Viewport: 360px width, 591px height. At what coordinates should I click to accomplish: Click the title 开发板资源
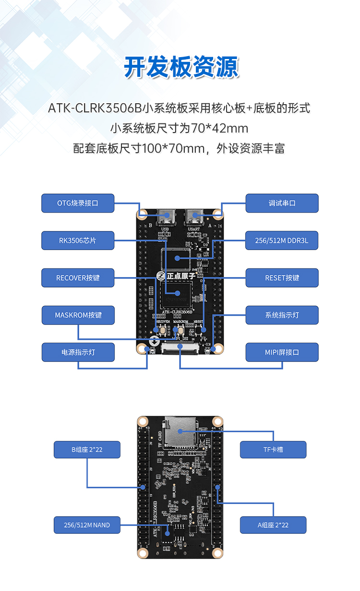click(x=181, y=67)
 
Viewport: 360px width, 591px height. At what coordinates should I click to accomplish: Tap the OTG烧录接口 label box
click(x=78, y=203)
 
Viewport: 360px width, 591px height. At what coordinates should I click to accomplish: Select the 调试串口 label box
click(x=282, y=203)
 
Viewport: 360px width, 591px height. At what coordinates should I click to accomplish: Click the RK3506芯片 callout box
click(x=78, y=241)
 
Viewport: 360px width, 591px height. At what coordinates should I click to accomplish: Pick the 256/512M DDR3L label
click(x=282, y=241)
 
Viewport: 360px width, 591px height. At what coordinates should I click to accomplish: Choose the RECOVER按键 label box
click(x=78, y=278)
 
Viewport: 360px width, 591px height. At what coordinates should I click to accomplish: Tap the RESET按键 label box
click(x=282, y=278)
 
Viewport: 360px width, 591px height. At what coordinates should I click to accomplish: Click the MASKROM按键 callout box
click(x=78, y=315)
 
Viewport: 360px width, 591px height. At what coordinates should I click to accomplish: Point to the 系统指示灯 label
click(x=282, y=315)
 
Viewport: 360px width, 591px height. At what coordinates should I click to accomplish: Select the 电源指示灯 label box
click(x=78, y=352)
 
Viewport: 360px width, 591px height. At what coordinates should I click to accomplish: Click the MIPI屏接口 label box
click(x=282, y=352)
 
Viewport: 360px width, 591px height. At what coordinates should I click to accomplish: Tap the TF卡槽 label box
click(x=273, y=450)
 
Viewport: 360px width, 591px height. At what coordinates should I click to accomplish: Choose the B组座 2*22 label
click(x=87, y=450)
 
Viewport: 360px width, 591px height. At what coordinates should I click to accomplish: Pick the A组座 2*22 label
click(x=273, y=525)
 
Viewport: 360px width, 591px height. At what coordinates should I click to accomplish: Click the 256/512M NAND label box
click(x=87, y=525)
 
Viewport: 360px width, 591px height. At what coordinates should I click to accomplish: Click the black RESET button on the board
click(x=199, y=330)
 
